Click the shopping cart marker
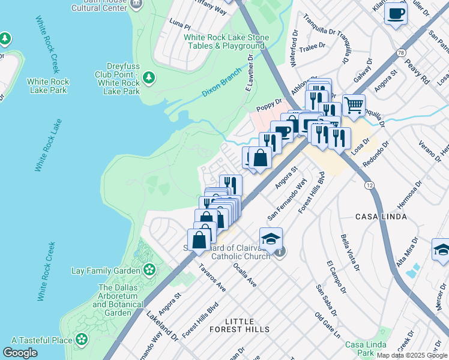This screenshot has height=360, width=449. coord(354,105)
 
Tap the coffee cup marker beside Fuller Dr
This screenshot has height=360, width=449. coord(396,13)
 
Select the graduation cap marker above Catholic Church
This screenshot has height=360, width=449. coord(271,238)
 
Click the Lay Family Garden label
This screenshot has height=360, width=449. coord(105,271)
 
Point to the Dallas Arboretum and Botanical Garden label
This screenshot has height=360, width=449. coord(118,301)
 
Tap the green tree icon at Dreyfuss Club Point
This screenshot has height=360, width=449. coord(149,77)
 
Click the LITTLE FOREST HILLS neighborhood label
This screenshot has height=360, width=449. coord(240,326)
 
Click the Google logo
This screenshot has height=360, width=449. coord(20,353)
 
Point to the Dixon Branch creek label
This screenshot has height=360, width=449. coord(221,83)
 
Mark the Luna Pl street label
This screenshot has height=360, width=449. coord(179,27)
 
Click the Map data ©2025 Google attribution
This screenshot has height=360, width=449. coord(412,355)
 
